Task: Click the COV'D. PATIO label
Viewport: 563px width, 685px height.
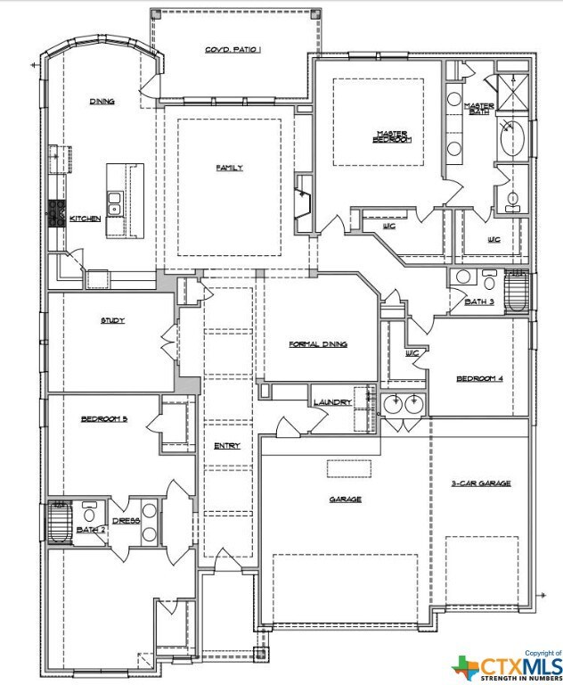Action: [x=233, y=50]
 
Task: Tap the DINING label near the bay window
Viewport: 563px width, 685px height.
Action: [x=102, y=102]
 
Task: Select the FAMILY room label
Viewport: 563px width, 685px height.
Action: [x=230, y=168]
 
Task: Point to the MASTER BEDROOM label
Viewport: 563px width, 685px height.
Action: [x=392, y=136]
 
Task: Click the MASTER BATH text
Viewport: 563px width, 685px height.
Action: [x=479, y=108]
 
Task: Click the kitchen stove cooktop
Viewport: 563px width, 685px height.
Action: [x=57, y=214]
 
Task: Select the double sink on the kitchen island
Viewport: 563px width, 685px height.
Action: [x=114, y=203]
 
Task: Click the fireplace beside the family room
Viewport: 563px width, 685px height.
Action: [x=303, y=202]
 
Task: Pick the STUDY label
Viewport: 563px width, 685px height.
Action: [x=112, y=320]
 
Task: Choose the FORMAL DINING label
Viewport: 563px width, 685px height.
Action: [x=318, y=344]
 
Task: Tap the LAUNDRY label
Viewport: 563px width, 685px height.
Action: [x=332, y=402]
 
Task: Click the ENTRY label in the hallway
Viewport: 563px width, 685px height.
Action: [x=227, y=446]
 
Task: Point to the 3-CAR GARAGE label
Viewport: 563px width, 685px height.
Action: [x=481, y=483]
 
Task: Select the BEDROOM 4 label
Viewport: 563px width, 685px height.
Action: [x=479, y=378]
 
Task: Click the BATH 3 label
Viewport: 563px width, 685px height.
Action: [x=479, y=301]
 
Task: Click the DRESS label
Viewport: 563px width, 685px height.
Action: [x=126, y=521]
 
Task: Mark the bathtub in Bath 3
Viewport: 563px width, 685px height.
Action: [x=517, y=292]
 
